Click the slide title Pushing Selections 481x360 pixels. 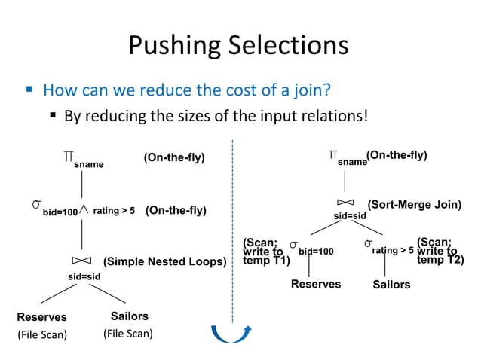[x=238, y=46]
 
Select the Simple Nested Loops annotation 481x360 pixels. [x=164, y=262]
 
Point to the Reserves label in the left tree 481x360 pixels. [x=42, y=317]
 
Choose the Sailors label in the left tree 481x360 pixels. [x=130, y=316]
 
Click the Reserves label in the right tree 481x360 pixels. [x=316, y=285]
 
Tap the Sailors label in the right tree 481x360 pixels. [x=392, y=285]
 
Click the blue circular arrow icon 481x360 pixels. [x=230, y=332]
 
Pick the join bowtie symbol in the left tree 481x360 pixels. [x=81, y=261]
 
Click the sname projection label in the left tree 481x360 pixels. [x=89, y=164]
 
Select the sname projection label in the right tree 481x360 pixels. [x=351, y=161]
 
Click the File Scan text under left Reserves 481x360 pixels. [x=42, y=334]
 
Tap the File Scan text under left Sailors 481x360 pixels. [x=128, y=334]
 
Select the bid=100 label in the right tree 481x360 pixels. [x=315, y=249]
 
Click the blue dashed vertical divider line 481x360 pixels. [x=232, y=226]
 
